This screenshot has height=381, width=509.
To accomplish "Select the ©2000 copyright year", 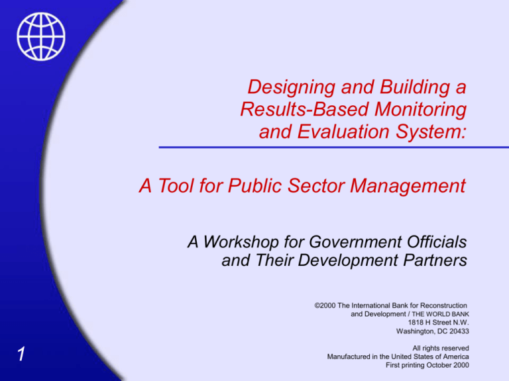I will click(324, 306).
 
